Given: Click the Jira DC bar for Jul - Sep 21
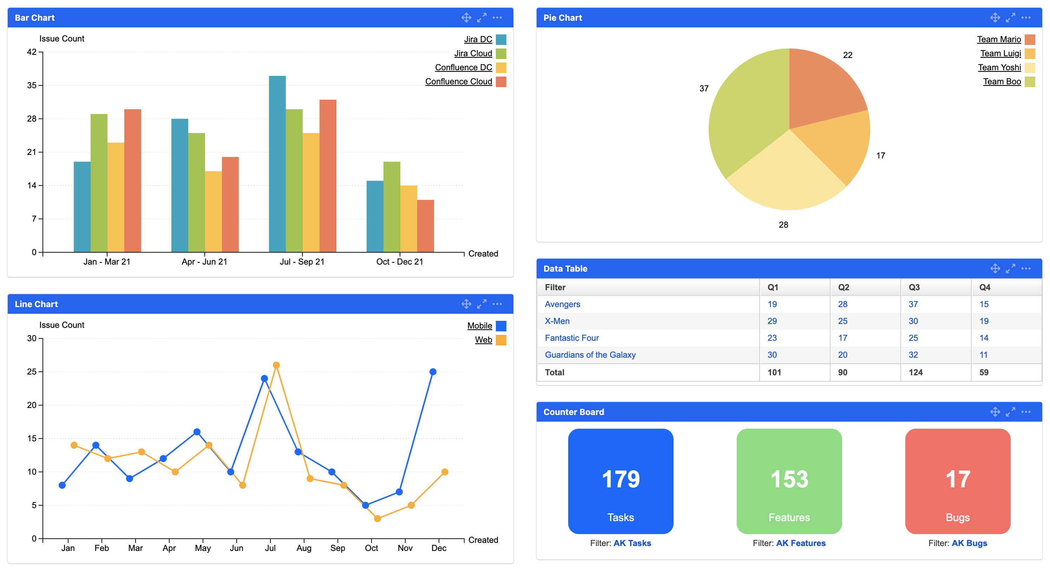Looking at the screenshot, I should click(277, 163).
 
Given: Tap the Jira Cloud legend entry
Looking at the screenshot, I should click(473, 53).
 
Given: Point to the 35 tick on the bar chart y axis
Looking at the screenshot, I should click(32, 85).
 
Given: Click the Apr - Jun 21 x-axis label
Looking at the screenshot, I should click(204, 262).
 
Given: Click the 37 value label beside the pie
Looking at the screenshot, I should click(704, 89).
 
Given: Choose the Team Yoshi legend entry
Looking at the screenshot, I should click(999, 68).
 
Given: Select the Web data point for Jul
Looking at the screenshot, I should click(276, 365).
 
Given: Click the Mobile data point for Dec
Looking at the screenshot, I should click(433, 371).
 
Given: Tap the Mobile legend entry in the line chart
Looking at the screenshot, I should click(480, 325).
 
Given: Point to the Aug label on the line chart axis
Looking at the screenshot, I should click(304, 548).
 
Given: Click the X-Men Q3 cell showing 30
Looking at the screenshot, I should click(913, 321).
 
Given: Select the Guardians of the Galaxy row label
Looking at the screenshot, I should click(590, 355).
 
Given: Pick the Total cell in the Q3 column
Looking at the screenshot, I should click(916, 372).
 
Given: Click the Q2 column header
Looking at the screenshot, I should click(844, 287).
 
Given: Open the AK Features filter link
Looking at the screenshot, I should click(801, 543).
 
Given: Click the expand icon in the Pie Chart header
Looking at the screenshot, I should click(1010, 18).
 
